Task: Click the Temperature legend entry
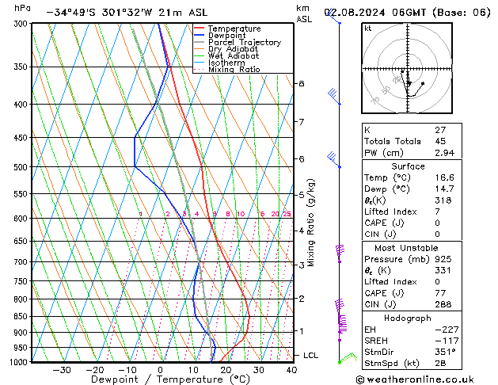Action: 233,29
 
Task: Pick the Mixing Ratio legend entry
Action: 234,70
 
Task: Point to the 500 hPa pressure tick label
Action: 21,167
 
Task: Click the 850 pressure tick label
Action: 21,317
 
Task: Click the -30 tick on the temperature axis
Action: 62,369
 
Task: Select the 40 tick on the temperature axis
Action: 291,369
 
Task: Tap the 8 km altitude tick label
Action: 302,83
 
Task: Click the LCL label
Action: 310,356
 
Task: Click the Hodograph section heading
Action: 408,317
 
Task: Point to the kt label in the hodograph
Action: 368,29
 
